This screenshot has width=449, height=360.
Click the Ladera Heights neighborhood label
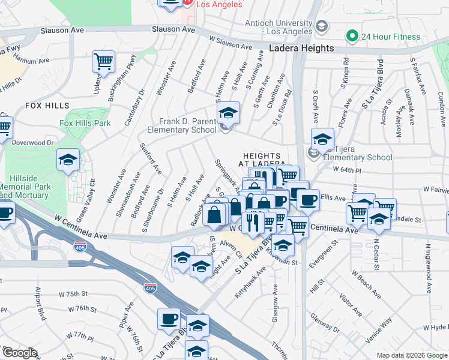[301, 48]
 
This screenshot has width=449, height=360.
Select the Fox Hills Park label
[85, 123]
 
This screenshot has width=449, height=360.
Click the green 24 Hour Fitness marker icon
[352, 36]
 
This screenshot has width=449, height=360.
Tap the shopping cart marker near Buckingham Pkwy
[104, 61]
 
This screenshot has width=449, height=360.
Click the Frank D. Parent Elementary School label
[187, 125]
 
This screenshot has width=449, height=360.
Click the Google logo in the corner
[20, 353]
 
